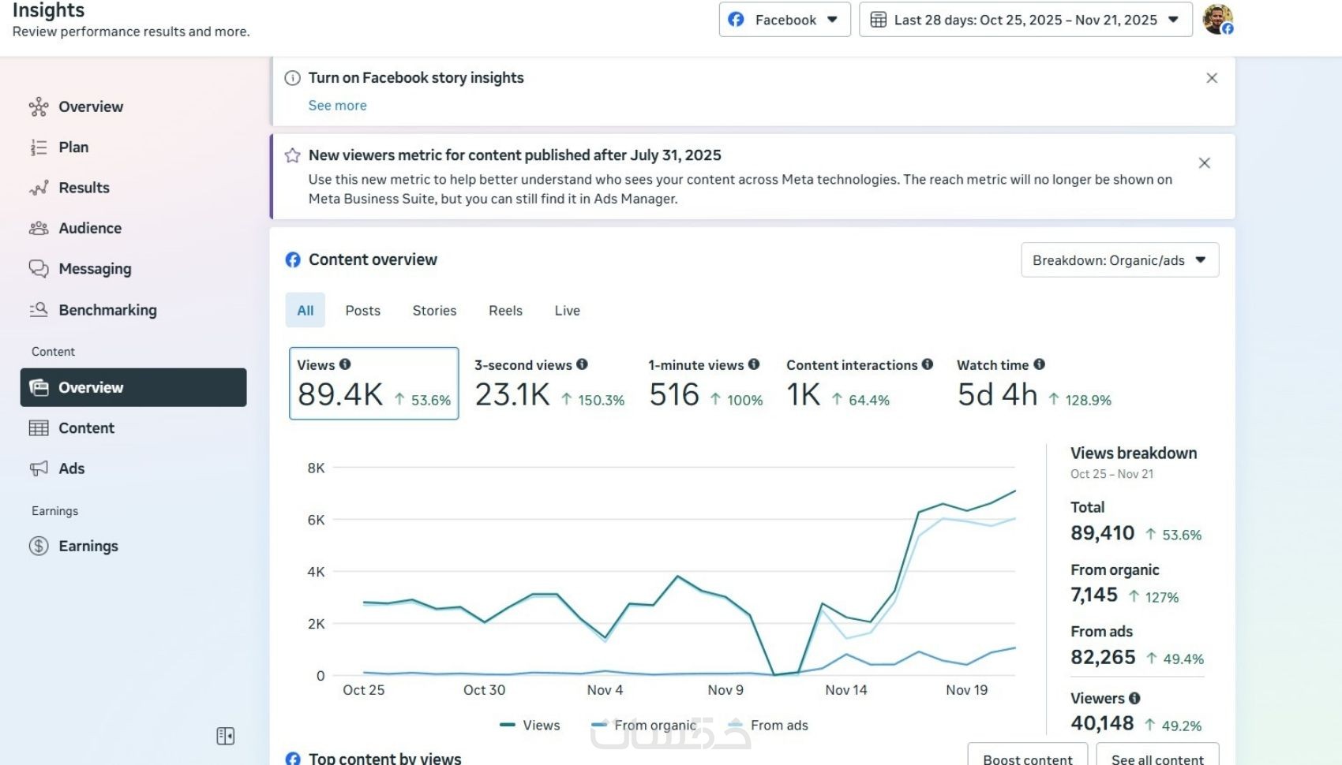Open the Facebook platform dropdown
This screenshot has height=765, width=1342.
click(x=784, y=20)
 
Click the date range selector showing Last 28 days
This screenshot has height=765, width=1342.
click(x=1025, y=20)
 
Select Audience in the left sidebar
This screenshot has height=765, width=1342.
click(x=90, y=228)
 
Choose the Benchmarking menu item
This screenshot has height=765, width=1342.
click(x=107, y=310)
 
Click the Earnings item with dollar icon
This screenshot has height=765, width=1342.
click(x=88, y=546)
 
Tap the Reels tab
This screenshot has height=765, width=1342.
click(x=506, y=310)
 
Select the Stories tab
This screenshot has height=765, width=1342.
click(x=434, y=310)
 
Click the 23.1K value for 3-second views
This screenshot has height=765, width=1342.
click(x=512, y=394)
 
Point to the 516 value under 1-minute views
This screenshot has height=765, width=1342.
click(x=674, y=394)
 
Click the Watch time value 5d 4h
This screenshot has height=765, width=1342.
click(x=997, y=394)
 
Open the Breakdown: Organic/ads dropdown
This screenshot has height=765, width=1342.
click(x=1119, y=259)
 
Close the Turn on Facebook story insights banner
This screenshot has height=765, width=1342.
click(x=1212, y=78)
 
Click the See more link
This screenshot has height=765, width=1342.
click(x=337, y=106)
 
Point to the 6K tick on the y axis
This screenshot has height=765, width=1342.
click(x=316, y=520)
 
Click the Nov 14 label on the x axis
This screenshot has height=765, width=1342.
click(x=846, y=690)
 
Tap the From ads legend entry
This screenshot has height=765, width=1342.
click(x=767, y=725)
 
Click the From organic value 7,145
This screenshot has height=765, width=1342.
click(x=1094, y=595)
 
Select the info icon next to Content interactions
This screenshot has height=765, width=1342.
click(x=928, y=364)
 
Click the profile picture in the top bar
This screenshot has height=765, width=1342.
click(x=1217, y=19)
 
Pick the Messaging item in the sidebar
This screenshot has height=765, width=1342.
click(x=95, y=269)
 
